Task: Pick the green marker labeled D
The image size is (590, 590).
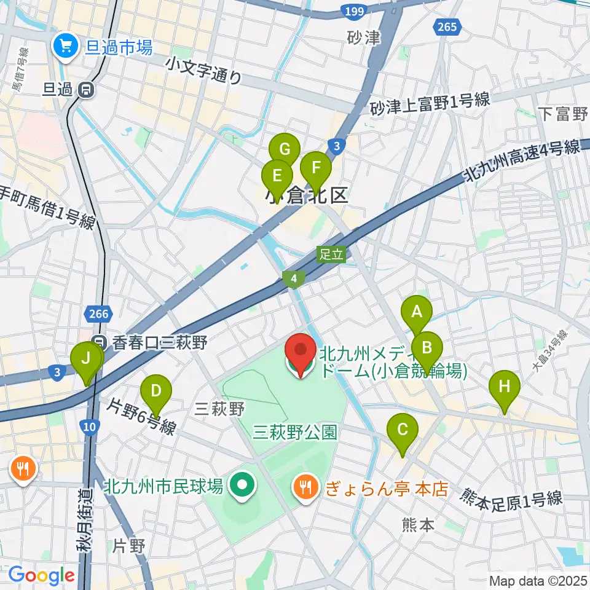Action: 156,391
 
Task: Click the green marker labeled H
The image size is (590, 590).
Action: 505,387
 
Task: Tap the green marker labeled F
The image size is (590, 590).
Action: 316,168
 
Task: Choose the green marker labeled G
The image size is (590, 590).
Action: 285,150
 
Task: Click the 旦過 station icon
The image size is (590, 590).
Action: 86,90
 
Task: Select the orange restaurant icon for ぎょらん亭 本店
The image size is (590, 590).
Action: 305,487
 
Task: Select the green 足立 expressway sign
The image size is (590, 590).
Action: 331,254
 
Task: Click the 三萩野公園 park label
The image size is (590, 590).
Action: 295,432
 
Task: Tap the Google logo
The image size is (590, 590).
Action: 41,575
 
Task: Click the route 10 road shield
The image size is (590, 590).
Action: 90,427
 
